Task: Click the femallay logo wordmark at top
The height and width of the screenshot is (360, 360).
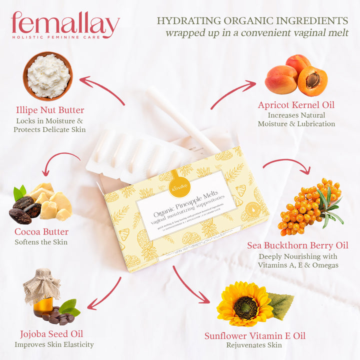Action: point(65,23)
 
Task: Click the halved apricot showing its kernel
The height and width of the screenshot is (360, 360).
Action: point(312,81)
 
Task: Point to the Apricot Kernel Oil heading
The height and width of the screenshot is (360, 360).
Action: point(296,105)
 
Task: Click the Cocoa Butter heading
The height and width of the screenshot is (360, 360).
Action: point(41,232)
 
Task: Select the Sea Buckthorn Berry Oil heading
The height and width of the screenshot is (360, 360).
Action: point(298,245)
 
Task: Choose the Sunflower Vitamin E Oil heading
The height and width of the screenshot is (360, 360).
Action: point(255,335)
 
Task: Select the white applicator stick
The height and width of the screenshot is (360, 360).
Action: point(182,120)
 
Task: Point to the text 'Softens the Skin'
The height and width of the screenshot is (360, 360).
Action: point(41,242)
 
